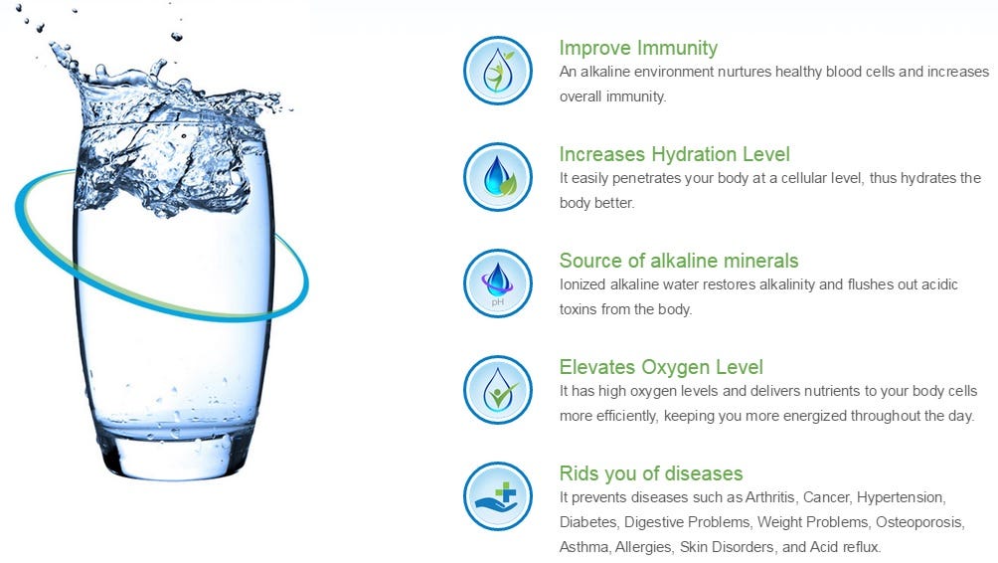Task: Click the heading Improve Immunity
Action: click(638, 48)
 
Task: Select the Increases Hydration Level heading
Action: click(675, 154)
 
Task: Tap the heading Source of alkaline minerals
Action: click(679, 261)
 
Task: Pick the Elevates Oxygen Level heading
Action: click(661, 367)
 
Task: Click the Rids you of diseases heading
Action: click(651, 473)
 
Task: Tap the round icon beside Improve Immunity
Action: click(498, 70)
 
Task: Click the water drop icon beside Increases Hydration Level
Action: click(498, 176)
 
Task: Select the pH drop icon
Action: click(498, 282)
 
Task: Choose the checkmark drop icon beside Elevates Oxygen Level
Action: click(498, 389)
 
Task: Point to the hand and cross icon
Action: click(498, 495)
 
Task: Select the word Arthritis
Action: click(770, 497)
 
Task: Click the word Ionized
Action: click(582, 284)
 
